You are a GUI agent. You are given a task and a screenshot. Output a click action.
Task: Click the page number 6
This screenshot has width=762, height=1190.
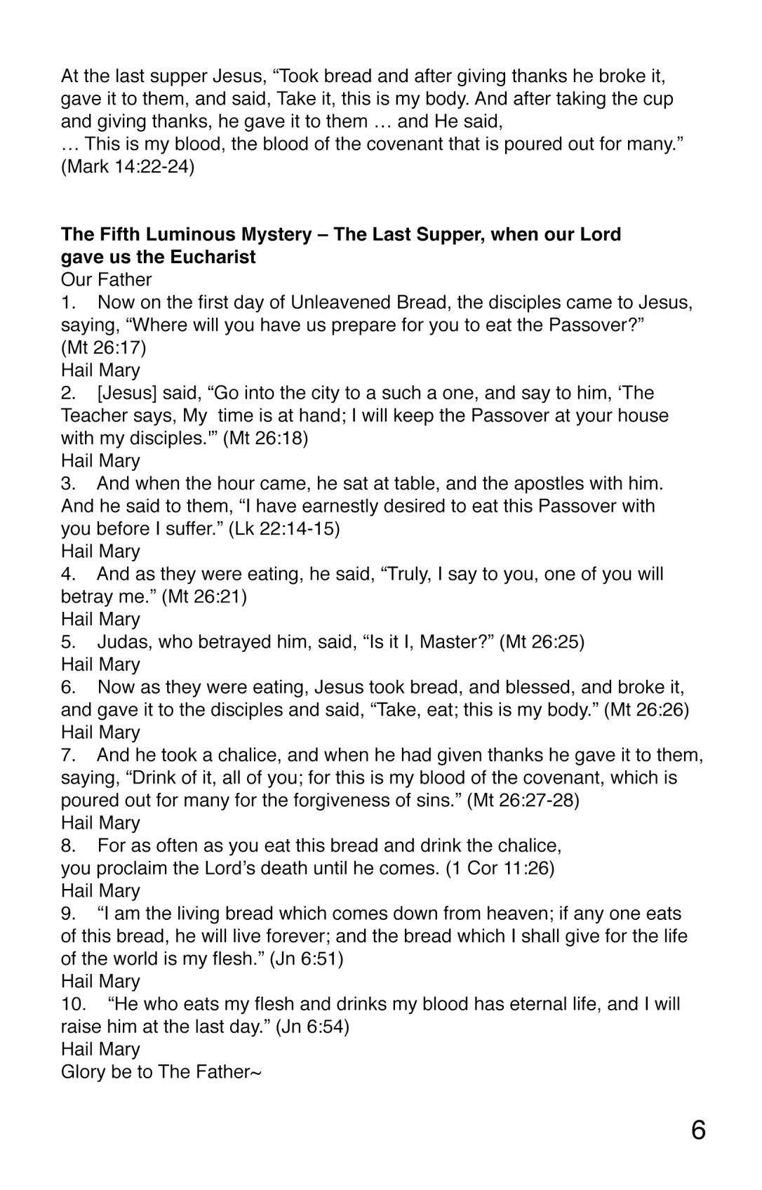click(x=698, y=1130)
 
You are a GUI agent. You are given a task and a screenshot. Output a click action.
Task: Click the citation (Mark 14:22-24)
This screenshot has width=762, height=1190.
click(x=128, y=167)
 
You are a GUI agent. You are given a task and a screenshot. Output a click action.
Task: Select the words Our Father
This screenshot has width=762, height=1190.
click(x=106, y=279)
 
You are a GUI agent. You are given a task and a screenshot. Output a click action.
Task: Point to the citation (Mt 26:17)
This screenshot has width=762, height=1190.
click(x=103, y=347)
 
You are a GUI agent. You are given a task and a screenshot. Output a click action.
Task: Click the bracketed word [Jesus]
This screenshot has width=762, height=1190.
click(x=127, y=393)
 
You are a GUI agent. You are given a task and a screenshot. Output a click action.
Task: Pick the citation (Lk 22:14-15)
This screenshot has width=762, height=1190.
click(x=284, y=528)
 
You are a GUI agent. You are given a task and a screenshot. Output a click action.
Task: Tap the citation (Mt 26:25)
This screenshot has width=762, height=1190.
click(x=542, y=641)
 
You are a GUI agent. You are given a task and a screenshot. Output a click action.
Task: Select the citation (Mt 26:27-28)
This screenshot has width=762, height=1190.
click(x=523, y=800)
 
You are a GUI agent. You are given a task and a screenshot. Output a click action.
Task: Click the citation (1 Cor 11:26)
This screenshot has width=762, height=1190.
click(x=500, y=868)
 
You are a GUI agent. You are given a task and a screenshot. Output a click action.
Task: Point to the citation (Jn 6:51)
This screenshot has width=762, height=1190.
click(x=307, y=958)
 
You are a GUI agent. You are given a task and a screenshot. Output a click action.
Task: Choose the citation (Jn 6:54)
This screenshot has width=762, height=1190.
click(x=312, y=1027)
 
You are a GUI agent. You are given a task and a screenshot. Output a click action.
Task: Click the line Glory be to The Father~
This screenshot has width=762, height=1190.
click(x=161, y=1071)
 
